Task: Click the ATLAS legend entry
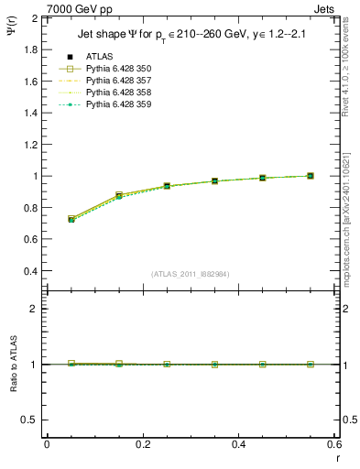[99, 57]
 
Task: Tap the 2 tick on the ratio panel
[38, 310]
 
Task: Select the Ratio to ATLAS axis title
[14, 364]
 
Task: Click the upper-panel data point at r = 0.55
[311, 176]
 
